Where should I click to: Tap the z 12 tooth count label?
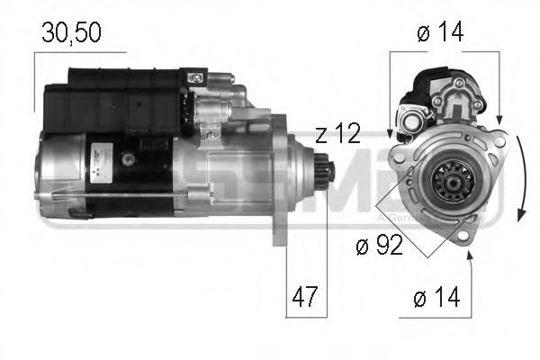click(x=338, y=134)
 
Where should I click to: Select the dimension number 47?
click(x=306, y=295)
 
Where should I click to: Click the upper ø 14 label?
click(x=442, y=32)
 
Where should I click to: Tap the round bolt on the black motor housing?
click(x=130, y=159)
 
